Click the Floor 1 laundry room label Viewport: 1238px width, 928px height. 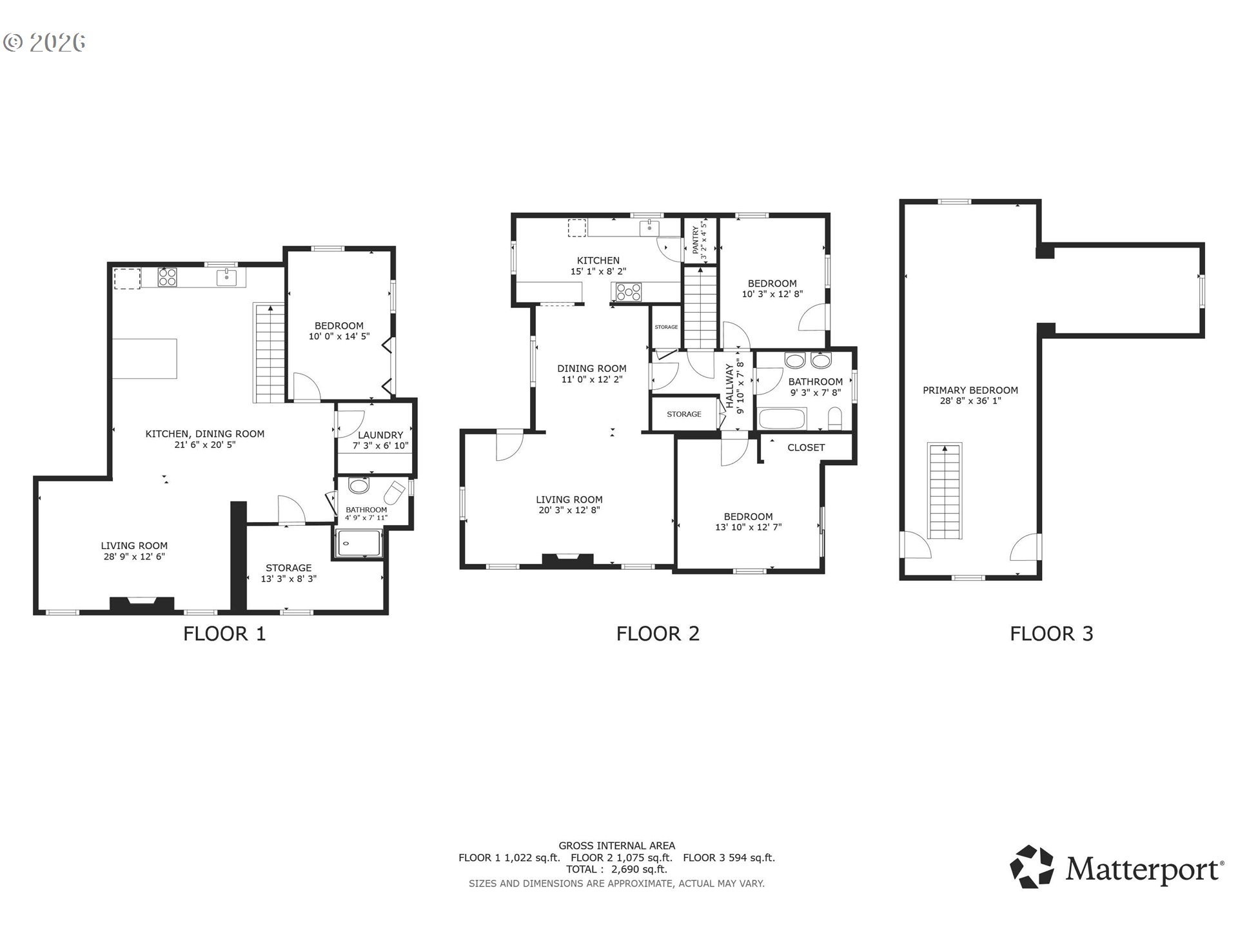click(380, 435)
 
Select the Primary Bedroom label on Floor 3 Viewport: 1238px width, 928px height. click(970, 390)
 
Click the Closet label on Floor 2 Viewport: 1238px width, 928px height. click(806, 447)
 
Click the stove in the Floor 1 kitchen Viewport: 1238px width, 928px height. click(168, 277)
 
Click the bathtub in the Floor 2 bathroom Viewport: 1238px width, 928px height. click(782, 419)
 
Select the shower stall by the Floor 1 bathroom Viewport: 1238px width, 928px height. click(359, 543)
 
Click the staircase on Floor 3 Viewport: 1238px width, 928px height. click(945, 491)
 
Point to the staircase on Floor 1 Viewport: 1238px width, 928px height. click(268, 353)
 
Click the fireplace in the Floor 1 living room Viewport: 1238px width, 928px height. click(142, 604)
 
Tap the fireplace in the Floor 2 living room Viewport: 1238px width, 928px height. click(567, 560)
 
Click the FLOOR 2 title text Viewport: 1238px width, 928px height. click(658, 634)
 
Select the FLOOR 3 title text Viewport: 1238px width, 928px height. click(1052, 634)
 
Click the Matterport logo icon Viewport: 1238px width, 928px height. click(1032, 867)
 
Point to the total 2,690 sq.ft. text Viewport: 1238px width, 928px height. click(616, 869)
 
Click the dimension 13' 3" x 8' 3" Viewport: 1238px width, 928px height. click(289, 579)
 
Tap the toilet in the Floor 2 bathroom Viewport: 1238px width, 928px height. click(835, 419)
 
